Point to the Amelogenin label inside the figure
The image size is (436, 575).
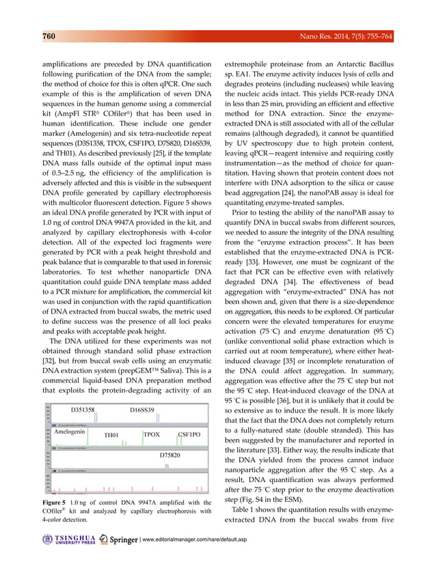click(69, 432)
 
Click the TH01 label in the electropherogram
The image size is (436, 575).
click(111, 435)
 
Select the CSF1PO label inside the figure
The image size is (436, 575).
click(189, 434)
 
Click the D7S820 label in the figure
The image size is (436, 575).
click(170, 454)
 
